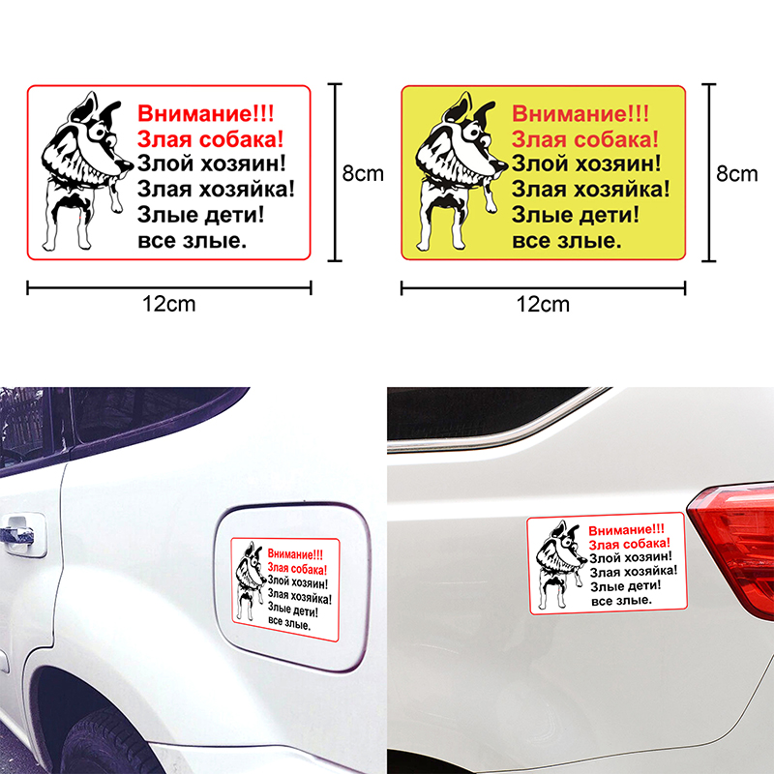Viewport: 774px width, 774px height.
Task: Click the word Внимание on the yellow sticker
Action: tap(568, 113)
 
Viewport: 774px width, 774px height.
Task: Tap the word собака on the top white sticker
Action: tap(241, 139)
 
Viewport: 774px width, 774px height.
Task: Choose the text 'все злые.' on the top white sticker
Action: tap(192, 241)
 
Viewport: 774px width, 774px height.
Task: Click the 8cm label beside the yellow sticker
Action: tap(736, 173)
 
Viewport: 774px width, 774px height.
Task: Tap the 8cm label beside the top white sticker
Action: tap(363, 173)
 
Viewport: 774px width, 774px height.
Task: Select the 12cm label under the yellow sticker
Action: tap(543, 304)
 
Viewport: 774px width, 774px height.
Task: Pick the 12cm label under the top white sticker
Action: tap(168, 304)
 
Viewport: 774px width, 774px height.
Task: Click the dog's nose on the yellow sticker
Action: tap(500, 165)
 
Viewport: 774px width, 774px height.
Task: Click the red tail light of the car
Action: tap(735, 548)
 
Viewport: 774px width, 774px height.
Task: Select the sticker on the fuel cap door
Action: tap(285, 589)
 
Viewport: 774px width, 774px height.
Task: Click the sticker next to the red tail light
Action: tap(607, 564)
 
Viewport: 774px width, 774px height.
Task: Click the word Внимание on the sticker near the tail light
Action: tap(620, 530)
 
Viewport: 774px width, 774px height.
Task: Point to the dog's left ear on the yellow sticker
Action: tap(458, 106)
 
